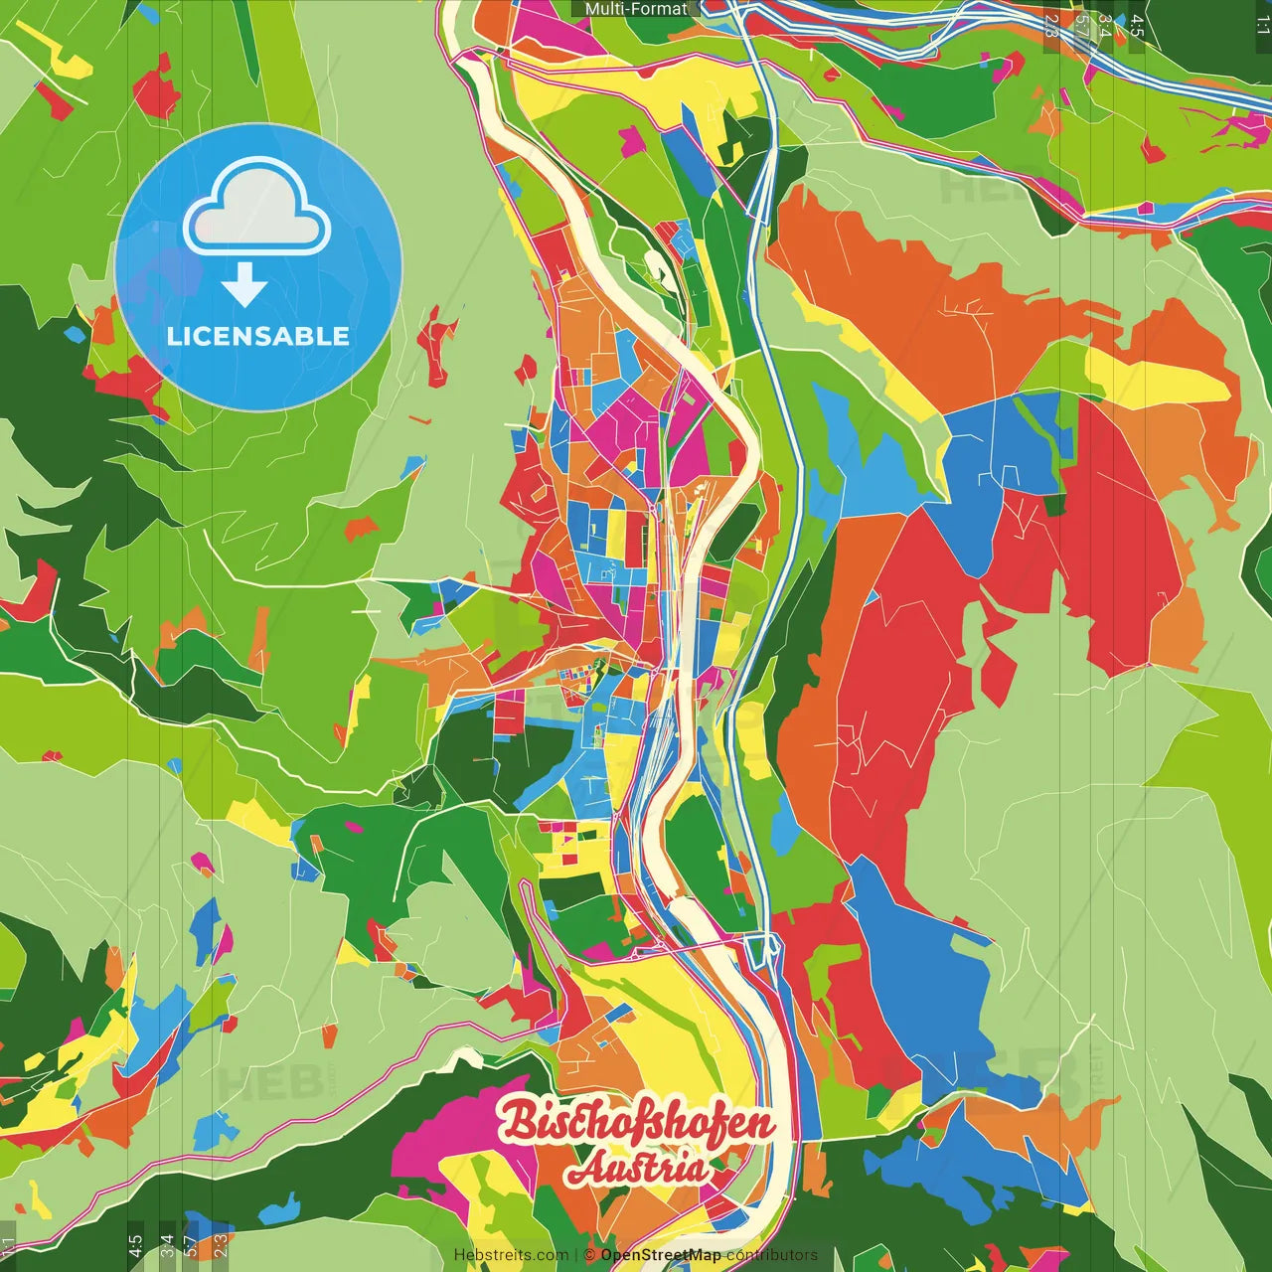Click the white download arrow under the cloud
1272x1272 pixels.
click(x=243, y=285)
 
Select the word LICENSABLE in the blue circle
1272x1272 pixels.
click(x=258, y=336)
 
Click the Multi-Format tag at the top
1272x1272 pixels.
click(x=636, y=9)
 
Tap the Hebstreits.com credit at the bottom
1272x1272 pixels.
click(x=511, y=1255)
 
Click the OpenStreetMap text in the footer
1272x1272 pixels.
click(x=661, y=1255)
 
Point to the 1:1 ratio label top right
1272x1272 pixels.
click(x=1262, y=25)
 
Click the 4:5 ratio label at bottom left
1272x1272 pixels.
click(x=135, y=1245)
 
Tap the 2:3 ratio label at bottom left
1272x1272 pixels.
click(x=221, y=1245)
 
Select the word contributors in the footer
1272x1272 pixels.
click(x=771, y=1255)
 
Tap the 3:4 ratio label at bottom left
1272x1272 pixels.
click(x=167, y=1245)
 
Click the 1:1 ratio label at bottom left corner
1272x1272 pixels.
click(x=8, y=1245)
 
